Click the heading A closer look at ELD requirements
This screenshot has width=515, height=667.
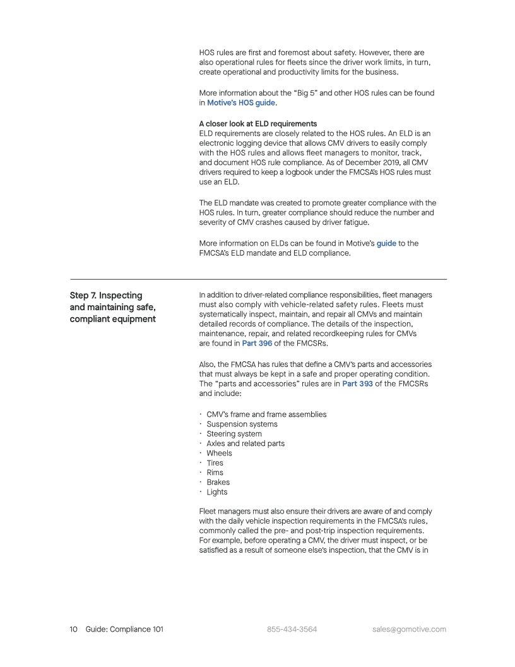click(x=257, y=124)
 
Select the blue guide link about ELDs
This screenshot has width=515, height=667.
click(x=386, y=243)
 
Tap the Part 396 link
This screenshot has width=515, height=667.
click(x=257, y=344)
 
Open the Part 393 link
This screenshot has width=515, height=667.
click(x=357, y=384)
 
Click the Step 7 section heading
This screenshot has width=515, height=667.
click(x=112, y=307)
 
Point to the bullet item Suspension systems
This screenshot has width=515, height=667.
click(x=242, y=424)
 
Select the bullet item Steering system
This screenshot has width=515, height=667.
click(x=234, y=434)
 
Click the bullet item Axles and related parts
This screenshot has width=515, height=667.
click(x=246, y=443)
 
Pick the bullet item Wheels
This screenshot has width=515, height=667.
click(x=219, y=453)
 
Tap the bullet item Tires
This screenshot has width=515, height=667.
click(x=215, y=463)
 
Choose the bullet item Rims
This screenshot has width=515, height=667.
click(x=215, y=472)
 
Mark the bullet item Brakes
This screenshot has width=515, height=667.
click(x=218, y=482)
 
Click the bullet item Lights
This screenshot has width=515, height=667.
click(x=217, y=492)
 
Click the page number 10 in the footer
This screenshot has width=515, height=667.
click(x=73, y=629)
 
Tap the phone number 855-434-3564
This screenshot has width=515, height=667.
click(x=292, y=629)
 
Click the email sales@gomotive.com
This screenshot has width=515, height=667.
click(x=409, y=629)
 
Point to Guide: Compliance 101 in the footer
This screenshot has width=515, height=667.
click(x=124, y=629)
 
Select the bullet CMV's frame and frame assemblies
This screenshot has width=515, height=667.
click(x=266, y=414)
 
